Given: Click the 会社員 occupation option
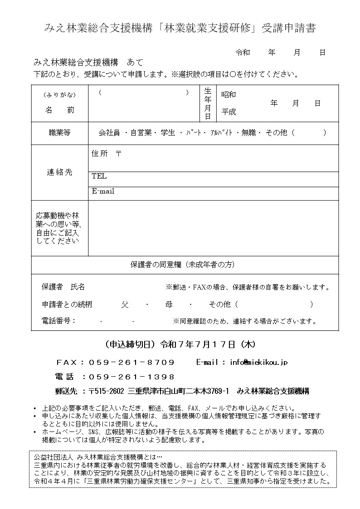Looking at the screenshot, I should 109,133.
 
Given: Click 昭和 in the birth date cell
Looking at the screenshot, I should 229,95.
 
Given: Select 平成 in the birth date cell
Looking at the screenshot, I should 229,111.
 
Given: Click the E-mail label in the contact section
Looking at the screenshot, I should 103,191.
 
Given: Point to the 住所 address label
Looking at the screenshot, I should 100,154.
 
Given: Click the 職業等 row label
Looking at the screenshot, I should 59,133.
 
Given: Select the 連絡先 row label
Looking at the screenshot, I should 59,172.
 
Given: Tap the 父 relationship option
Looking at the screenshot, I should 125,305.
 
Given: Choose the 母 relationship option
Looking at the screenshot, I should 163,305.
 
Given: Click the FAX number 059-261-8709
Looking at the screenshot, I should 131,362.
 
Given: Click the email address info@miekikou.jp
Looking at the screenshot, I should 258,362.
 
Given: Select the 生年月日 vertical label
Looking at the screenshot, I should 208,103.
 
